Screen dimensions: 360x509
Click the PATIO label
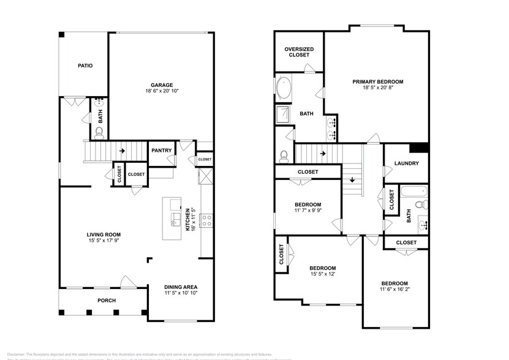pos(85,66)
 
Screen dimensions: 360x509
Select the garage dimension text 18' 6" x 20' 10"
pos(162,92)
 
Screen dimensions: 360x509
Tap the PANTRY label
pos(162,150)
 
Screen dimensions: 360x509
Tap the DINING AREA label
pos(181,287)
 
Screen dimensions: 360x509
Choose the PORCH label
pos(107,300)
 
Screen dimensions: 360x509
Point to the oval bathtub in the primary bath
pos(285,89)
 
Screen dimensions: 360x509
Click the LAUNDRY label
pos(406,163)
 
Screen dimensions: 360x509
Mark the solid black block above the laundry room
pos(420,148)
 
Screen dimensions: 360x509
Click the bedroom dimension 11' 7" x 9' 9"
pos(307,212)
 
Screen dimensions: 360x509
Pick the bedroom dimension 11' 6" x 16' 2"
pos(394,290)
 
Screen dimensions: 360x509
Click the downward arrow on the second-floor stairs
pos(353,180)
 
